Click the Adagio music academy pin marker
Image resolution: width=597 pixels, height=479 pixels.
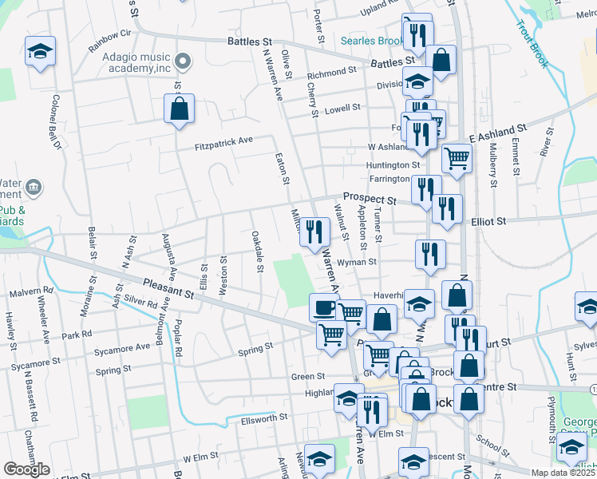pos(183,61)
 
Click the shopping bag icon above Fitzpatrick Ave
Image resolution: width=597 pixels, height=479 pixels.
pos(180,109)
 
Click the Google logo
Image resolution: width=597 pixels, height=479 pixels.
pos(26,469)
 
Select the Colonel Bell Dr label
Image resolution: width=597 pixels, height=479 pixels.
pos(57,123)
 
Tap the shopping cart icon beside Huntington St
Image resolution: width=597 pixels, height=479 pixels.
pos(456,158)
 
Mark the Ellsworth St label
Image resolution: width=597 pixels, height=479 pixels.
pos(259,418)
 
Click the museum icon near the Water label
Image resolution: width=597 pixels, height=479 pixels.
pos(34,188)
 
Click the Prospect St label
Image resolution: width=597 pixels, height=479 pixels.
pos(370,197)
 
